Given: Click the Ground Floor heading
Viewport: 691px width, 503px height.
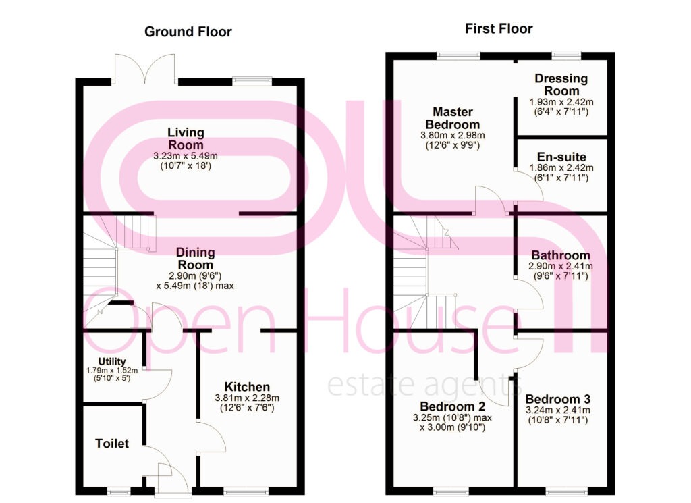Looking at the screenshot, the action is coord(188,32).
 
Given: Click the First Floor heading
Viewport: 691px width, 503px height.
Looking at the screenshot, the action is coord(499,28).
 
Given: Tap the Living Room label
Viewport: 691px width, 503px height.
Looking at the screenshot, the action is coord(186,138).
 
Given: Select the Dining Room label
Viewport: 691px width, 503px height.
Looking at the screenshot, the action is coord(195,259).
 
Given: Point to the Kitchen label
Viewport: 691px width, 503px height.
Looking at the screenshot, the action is coord(247,387).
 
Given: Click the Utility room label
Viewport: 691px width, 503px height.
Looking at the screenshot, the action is coord(112,361).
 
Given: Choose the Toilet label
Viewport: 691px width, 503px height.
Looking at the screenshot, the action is coord(112,443).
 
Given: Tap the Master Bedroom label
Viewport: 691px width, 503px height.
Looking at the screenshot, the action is coord(453,117).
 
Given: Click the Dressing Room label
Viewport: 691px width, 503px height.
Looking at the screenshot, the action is coord(561,84).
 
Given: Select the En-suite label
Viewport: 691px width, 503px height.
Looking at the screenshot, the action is coord(561,157).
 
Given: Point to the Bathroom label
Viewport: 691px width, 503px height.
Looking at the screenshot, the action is coord(561,255).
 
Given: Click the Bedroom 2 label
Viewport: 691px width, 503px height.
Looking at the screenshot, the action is coord(453,406).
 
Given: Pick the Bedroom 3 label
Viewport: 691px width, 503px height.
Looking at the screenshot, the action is coord(558,399).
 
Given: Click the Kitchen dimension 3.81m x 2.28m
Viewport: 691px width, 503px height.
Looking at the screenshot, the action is coord(247,398).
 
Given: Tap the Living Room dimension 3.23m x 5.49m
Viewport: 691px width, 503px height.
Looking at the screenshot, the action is coord(186,155).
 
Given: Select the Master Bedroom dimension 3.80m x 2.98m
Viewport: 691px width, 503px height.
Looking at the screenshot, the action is coord(453,135).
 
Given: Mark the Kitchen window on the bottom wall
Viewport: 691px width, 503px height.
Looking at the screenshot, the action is coord(246,492).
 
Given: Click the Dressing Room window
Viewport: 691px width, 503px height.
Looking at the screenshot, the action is coord(566,55).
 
